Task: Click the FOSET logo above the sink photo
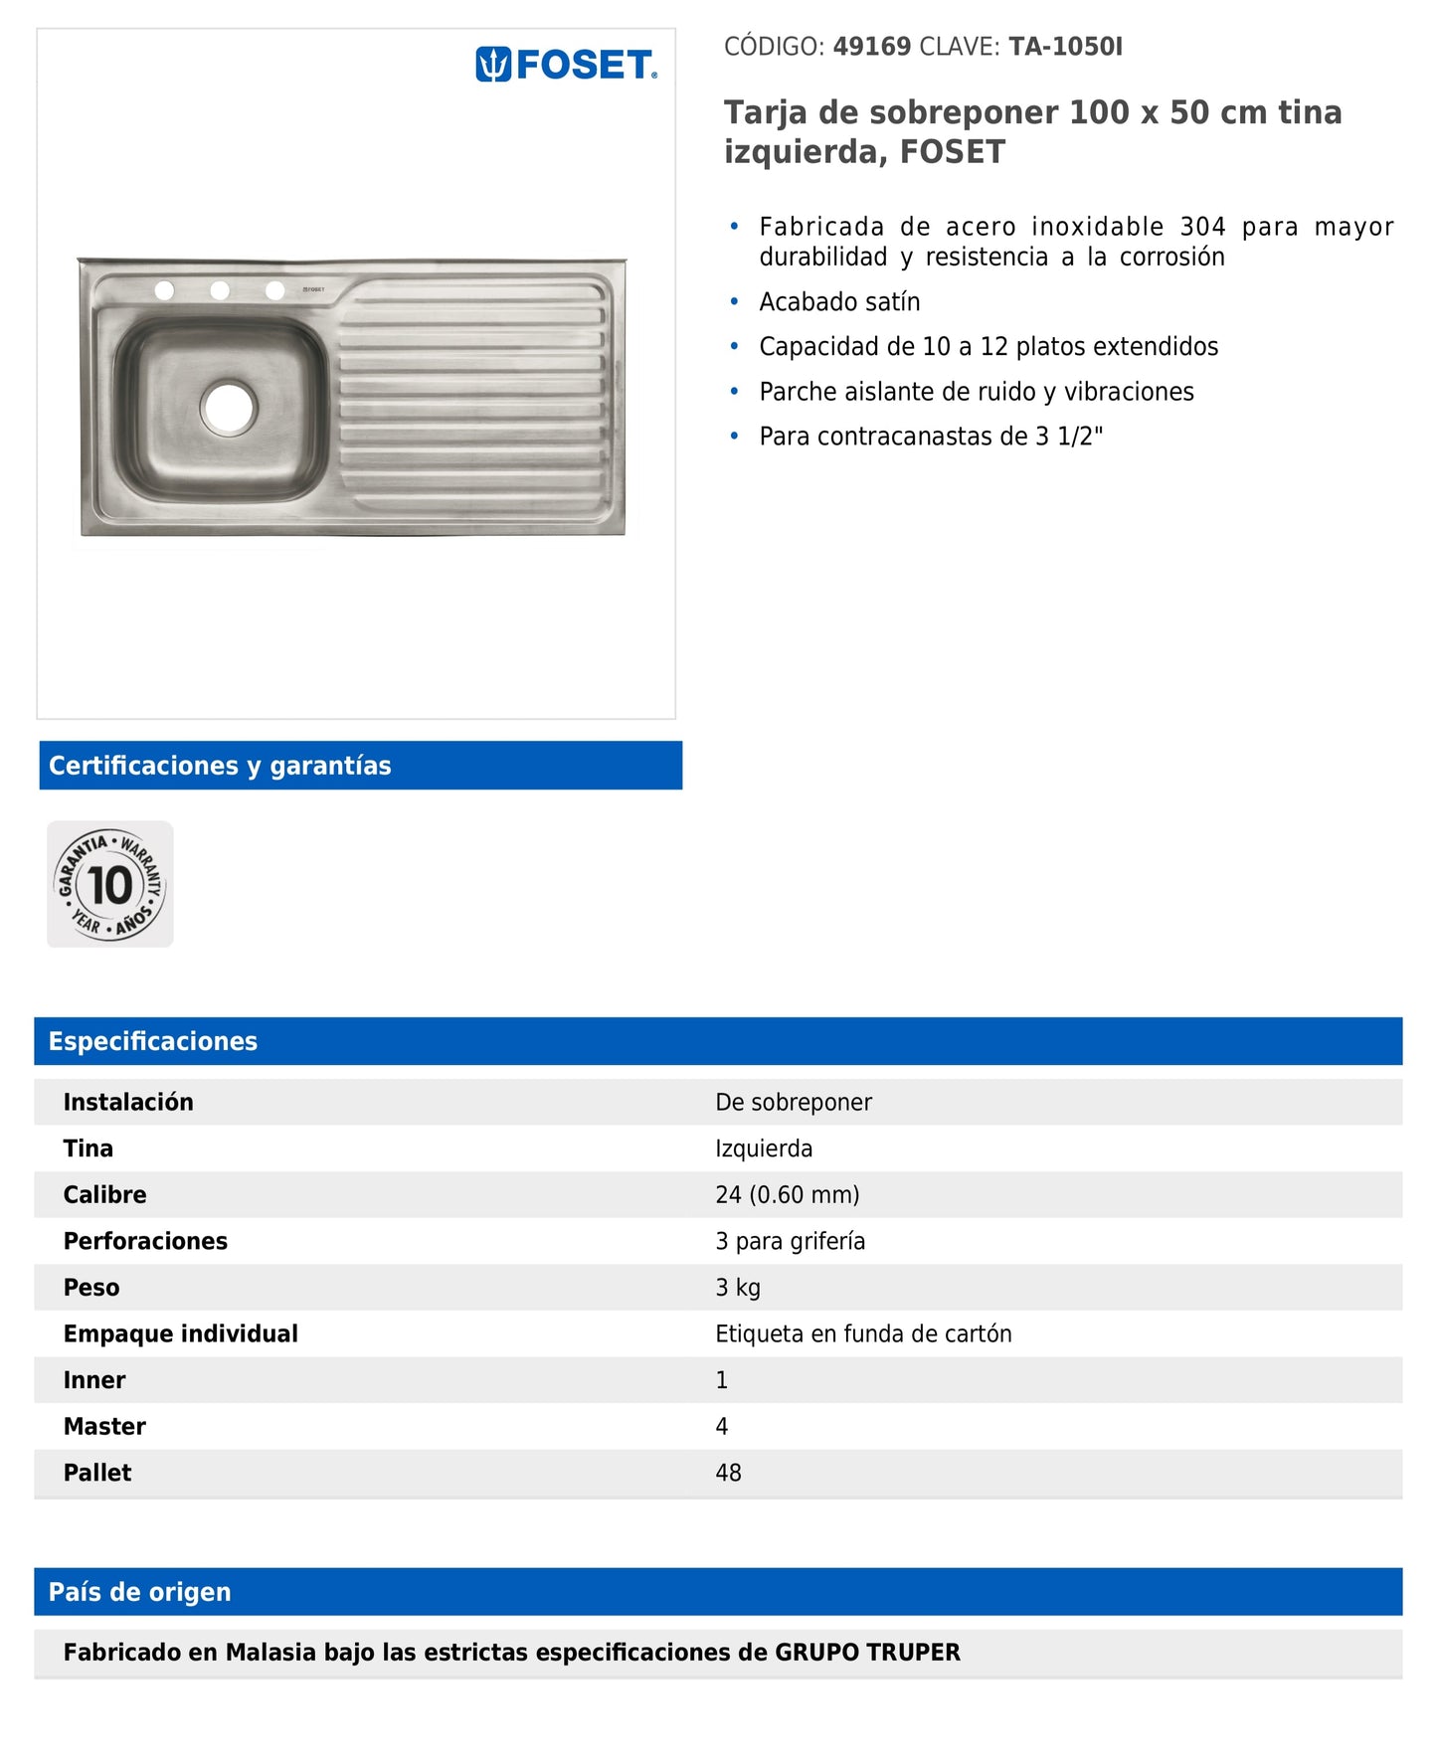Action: point(566,66)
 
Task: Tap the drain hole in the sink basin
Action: point(229,407)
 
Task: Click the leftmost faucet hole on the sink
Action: point(165,290)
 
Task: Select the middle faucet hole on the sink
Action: point(220,290)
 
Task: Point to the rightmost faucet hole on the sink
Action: point(275,290)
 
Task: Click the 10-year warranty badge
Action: point(110,884)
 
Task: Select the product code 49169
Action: point(871,47)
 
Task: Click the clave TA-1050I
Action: point(1065,47)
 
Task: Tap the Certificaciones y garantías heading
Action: point(220,766)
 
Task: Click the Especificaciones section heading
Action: point(153,1041)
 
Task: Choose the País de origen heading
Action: point(140,1592)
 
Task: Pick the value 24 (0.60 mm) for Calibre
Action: point(787,1194)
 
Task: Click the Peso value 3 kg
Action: point(738,1288)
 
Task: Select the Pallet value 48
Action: point(728,1473)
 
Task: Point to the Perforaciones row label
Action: point(145,1241)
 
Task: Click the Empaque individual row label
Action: point(181,1333)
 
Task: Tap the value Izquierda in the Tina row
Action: point(764,1148)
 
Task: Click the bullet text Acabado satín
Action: point(839,301)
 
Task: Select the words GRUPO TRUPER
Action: point(867,1653)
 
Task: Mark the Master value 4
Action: point(722,1427)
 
